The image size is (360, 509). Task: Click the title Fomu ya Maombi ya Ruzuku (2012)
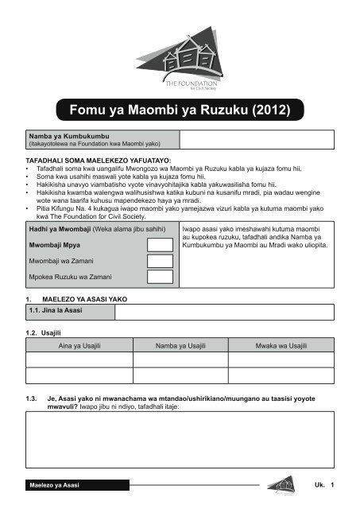pyautogui.click(x=180, y=107)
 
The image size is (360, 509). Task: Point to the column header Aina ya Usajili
pyautogui.click(x=79, y=346)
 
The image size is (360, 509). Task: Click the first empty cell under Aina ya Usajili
pyautogui.click(x=79, y=359)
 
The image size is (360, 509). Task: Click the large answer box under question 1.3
pyautogui.click(x=180, y=441)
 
